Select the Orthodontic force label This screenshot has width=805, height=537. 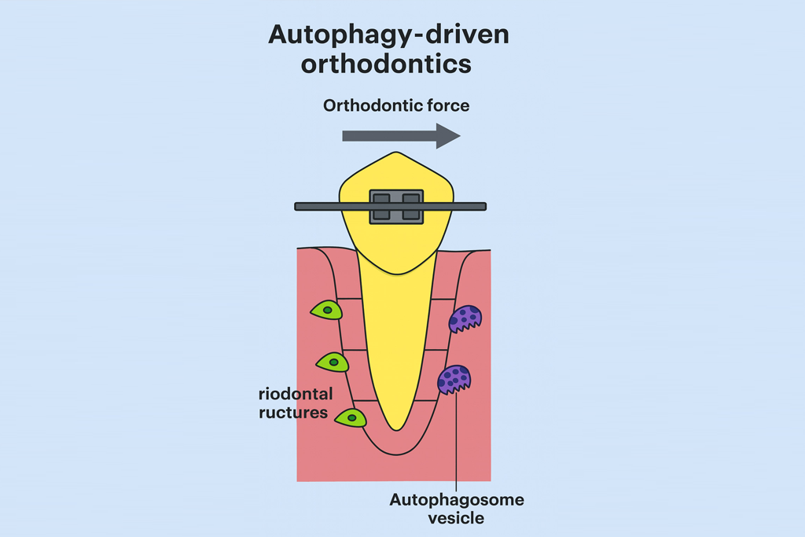395,105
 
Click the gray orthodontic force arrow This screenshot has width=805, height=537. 400,136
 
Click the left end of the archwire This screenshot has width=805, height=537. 300,206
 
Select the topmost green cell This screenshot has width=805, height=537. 326,311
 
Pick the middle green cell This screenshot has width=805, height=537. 333,362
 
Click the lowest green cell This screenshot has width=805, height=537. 351,417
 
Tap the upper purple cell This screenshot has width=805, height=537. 465,318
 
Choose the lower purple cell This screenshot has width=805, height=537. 454,379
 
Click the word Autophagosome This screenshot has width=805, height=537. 456,500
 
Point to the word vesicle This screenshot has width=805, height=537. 456,518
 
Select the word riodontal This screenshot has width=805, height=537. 295,393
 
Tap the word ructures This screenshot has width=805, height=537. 292,411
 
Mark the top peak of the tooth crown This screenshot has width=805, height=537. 398,154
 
